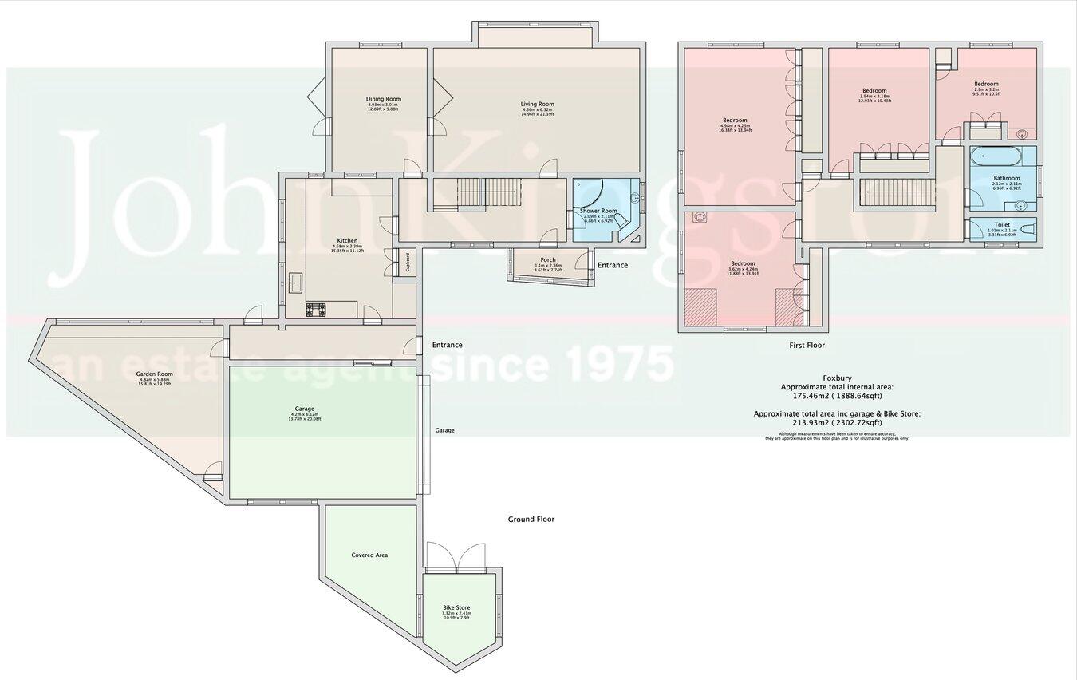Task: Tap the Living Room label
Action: point(537,104)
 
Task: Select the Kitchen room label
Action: point(347,240)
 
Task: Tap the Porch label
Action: point(548,259)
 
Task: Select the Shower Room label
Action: point(599,211)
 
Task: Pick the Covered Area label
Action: point(369,555)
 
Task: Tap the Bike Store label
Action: point(456,607)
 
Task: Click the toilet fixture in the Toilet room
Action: point(1028,229)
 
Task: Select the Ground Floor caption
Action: point(531,519)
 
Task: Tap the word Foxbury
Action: point(835,378)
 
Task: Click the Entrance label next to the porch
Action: point(612,265)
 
